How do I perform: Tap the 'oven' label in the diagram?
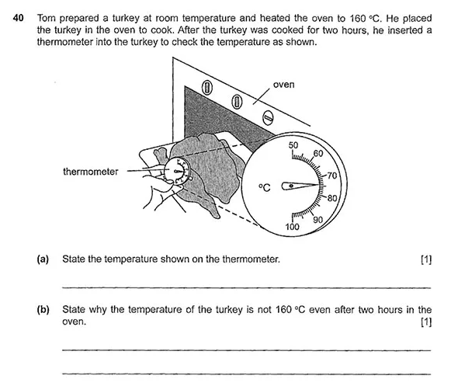point(284,85)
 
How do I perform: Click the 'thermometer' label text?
point(91,172)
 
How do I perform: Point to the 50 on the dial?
point(293,145)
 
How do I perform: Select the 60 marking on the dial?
point(317,154)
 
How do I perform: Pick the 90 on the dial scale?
point(317,220)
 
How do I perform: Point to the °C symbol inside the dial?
point(265,187)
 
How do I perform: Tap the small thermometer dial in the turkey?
point(178,169)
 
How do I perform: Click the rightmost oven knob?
point(267,117)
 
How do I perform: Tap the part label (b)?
point(43,309)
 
